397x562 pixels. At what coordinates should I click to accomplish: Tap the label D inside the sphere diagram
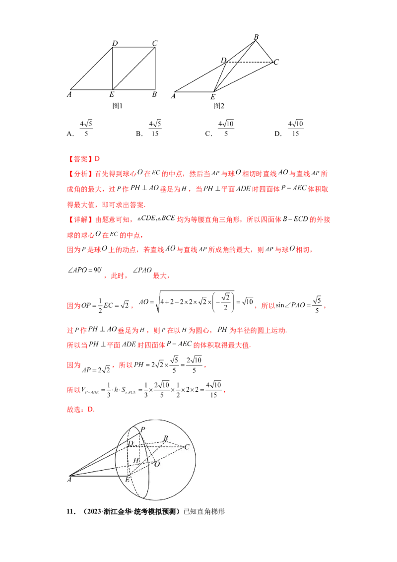tap(131, 443)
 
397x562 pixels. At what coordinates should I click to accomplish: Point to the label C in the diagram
tap(187, 447)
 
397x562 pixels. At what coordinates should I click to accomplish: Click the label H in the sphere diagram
tap(135, 461)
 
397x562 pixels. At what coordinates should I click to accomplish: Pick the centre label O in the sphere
tap(157, 464)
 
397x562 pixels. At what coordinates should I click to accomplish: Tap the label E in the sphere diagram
tap(127, 479)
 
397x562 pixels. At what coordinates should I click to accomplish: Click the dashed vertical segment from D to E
tap(128, 462)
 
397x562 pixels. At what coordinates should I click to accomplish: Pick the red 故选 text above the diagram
tap(73, 410)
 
